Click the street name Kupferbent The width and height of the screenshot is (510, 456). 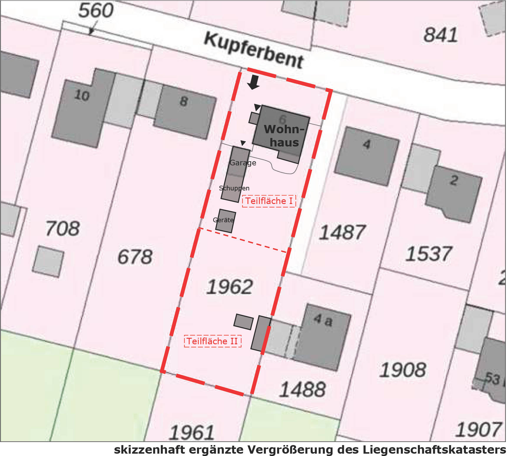[254, 51]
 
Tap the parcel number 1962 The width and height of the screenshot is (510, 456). [229, 287]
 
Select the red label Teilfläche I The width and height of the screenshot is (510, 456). [269, 201]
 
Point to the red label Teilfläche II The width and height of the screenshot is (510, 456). [212, 341]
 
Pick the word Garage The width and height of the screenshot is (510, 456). [243, 163]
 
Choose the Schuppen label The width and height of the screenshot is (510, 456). [234, 188]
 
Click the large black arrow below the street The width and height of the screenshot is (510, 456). [253, 82]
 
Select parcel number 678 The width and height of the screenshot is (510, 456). [135, 256]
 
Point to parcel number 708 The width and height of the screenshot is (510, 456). [63, 229]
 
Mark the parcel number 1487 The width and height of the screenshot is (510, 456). [342, 232]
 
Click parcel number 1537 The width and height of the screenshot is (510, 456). [428, 254]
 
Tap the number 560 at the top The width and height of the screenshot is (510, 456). [96, 10]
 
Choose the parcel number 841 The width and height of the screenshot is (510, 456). [441, 35]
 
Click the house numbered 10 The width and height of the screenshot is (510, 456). [82, 95]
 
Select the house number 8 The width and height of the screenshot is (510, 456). [184, 101]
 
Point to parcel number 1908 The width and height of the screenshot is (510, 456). [402, 370]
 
